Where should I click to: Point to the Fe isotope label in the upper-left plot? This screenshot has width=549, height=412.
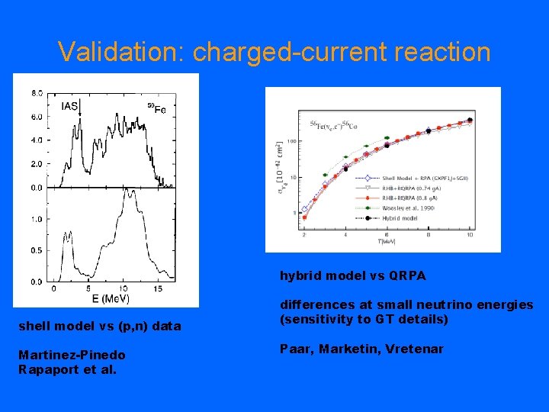tap(156, 108)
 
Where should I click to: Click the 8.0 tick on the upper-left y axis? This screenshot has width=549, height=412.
tap(37, 93)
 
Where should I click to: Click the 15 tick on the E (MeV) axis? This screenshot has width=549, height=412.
tap(157, 289)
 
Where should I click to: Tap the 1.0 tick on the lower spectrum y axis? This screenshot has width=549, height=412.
tap(37, 219)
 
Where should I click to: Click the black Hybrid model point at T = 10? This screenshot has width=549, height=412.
tap(470, 120)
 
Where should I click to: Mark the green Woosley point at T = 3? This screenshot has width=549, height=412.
tap(326, 175)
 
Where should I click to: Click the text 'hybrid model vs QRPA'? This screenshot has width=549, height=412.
tap(352, 275)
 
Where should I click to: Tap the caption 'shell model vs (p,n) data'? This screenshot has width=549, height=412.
tap(99, 327)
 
